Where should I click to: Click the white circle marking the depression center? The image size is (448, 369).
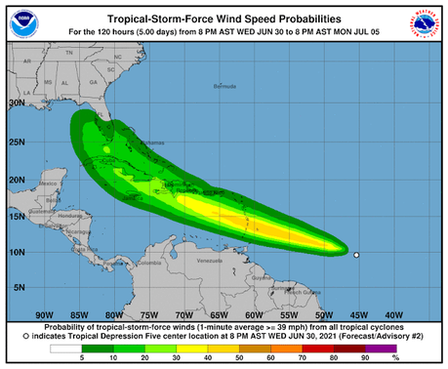tap(356, 256)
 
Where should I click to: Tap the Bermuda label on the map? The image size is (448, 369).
tap(224, 87)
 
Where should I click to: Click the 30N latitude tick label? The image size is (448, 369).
tap(17, 102)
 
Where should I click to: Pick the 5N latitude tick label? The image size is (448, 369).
tap(19, 288)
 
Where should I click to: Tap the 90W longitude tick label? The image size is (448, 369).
tap(44, 314)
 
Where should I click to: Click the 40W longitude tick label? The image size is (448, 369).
tap(394, 314)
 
